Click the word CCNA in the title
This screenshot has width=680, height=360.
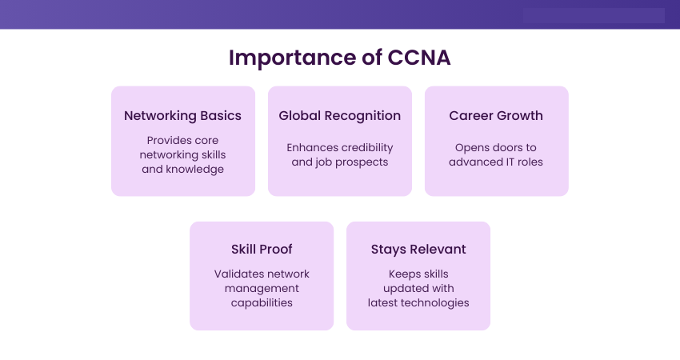pos(419,58)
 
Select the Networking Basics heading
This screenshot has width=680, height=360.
pos(182,116)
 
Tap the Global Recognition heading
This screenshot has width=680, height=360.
pos(339,116)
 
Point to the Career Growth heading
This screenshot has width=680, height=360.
pos(496,116)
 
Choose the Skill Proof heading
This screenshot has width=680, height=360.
pos(262,250)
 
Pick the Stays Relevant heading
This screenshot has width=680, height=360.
pos(418,250)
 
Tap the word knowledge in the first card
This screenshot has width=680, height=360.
pos(194,169)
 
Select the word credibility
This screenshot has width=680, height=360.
pos(366,147)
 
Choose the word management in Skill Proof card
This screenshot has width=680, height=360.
pos(262,289)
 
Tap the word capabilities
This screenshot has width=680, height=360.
pos(262,302)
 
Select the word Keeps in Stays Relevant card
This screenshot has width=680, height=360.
pos(404,274)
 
